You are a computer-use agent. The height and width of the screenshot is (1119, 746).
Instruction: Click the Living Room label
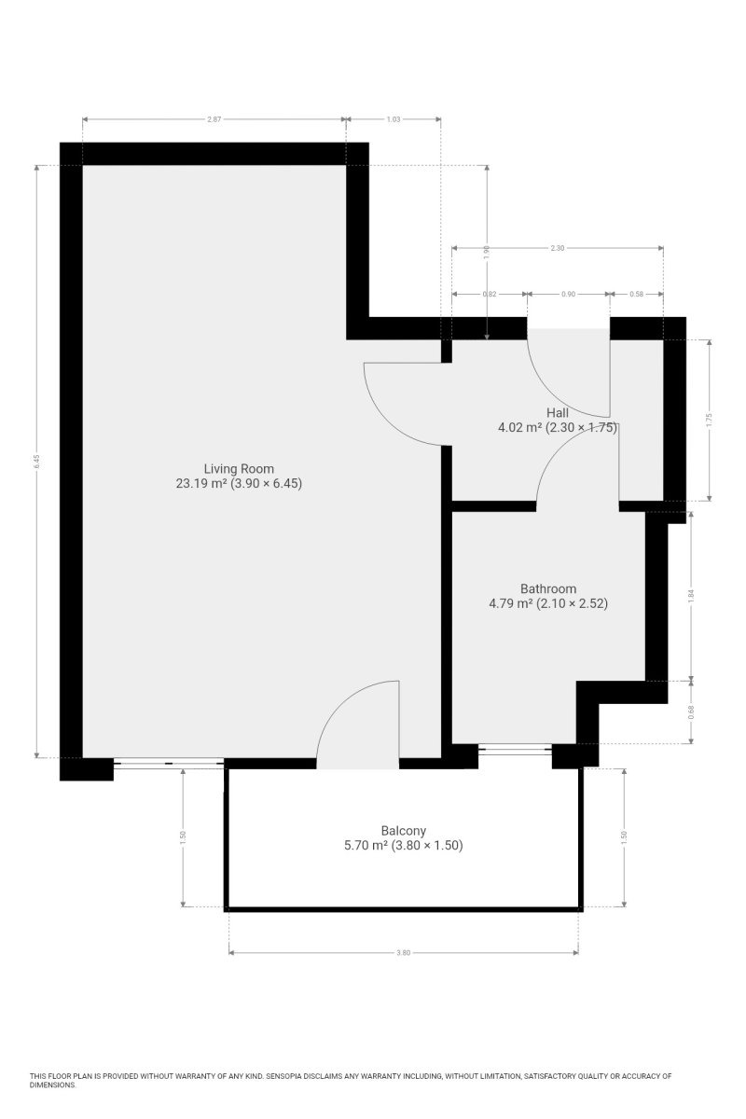pyautogui.click(x=239, y=468)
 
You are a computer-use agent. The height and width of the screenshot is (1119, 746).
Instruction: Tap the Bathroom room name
pyautogui.click(x=548, y=588)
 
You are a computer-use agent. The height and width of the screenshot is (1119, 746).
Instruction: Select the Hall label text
pyautogui.click(x=557, y=412)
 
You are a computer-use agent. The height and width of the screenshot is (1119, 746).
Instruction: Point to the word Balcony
pyautogui.click(x=403, y=830)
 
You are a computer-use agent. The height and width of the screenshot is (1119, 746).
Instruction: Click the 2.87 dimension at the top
pyautogui.click(x=214, y=119)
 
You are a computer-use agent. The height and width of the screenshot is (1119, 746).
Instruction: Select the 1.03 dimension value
pyautogui.click(x=394, y=119)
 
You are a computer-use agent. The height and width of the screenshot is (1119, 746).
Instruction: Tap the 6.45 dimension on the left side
pyautogui.click(x=36, y=461)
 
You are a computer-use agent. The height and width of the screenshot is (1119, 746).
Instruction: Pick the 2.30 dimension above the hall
pyautogui.click(x=557, y=248)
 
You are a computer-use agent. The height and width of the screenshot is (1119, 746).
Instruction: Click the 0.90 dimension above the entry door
pyautogui.click(x=568, y=295)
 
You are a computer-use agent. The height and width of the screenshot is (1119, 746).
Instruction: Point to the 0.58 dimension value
pyautogui.click(x=636, y=295)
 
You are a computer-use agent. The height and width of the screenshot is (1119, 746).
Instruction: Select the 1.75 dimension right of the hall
pyautogui.click(x=709, y=420)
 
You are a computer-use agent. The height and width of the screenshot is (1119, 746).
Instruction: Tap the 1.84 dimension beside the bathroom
pyautogui.click(x=691, y=596)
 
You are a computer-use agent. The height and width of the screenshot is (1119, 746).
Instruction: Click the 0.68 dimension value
pyautogui.click(x=691, y=711)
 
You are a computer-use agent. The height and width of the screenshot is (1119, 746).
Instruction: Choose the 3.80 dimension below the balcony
pyautogui.click(x=403, y=953)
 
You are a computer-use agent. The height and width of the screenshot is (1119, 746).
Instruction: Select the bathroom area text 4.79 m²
pyautogui.click(x=511, y=603)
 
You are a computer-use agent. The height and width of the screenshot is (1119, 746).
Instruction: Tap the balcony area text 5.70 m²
pyautogui.click(x=366, y=845)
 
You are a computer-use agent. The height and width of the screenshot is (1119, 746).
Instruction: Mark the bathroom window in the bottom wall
pyautogui.click(x=515, y=749)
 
